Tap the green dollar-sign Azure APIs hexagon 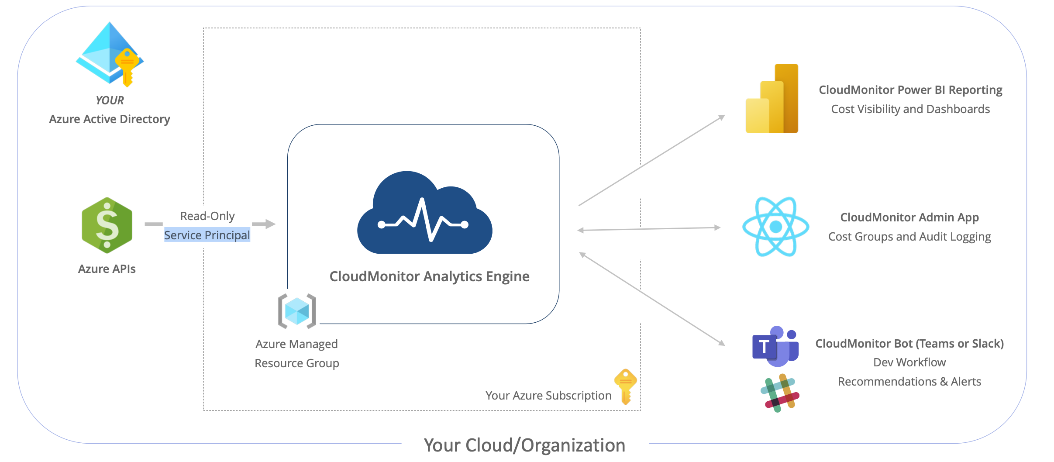[x=107, y=225]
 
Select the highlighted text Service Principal [x=207, y=235]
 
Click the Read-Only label [x=207, y=216]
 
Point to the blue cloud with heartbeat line [x=424, y=214]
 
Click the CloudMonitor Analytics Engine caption [x=429, y=276]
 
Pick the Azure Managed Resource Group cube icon [x=297, y=311]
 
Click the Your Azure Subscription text [x=548, y=396]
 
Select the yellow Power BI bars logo [x=772, y=99]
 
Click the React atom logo [x=775, y=227]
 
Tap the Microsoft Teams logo [x=775, y=346]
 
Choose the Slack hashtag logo [x=780, y=393]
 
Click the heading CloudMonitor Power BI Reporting [x=910, y=90]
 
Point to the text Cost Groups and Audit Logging [x=909, y=237]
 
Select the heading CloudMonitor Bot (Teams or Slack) [x=909, y=344]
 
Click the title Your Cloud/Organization [x=524, y=445]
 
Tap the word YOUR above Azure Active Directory [x=110, y=100]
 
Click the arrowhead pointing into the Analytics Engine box [x=269, y=224]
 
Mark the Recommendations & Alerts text [x=909, y=382]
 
